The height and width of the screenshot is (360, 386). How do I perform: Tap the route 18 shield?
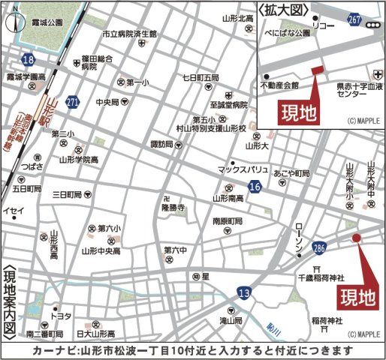[27, 58]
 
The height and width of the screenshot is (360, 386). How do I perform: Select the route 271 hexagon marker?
[72, 101]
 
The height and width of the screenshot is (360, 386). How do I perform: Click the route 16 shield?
[255, 184]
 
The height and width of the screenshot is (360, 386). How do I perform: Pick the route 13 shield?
[243, 290]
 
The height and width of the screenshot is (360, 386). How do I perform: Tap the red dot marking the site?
[356, 239]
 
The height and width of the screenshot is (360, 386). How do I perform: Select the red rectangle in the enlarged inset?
[316, 70]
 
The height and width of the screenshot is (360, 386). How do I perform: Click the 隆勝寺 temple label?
[173, 209]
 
